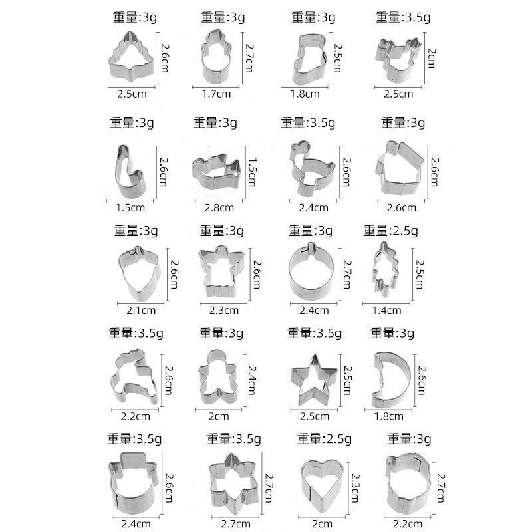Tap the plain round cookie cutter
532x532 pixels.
[312, 271]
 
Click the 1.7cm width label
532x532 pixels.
[216, 94]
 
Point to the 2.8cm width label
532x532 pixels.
[219, 207]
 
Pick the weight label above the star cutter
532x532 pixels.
[313, 332]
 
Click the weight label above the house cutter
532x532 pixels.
[403, 122]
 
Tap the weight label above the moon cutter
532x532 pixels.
[393, 332]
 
